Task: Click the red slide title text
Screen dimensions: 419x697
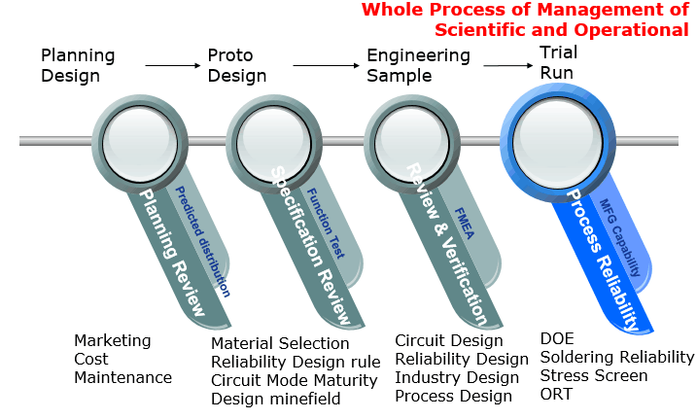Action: pyautogui.click(x=525, y=19)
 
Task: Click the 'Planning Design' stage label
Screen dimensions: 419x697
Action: pyautogui.click(x=78, y=64)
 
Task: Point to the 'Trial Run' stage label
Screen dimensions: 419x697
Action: pyautogui.click(x=557, y=62)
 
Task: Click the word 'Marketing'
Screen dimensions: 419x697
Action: pyautogui.click(x=113, y=340)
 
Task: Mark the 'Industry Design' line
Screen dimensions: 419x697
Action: pyautogui.click(x=457, y=377)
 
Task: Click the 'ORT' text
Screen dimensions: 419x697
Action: pyautogui.click(x=556, y=394)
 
